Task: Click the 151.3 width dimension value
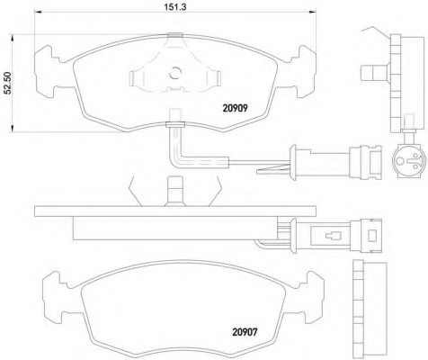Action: [x=175, y=6]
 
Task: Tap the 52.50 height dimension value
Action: [x=7, y=83]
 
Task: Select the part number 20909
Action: [x=235, y=108]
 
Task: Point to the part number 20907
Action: [x=245, y=332]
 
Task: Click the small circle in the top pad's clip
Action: [x=175, y=72]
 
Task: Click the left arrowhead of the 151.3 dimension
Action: [x=38, y=12]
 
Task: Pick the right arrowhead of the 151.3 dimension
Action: [x=313, y=12]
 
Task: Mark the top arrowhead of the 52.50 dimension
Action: [x=13, y=38]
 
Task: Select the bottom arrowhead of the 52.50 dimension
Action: [x=13, y=129]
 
